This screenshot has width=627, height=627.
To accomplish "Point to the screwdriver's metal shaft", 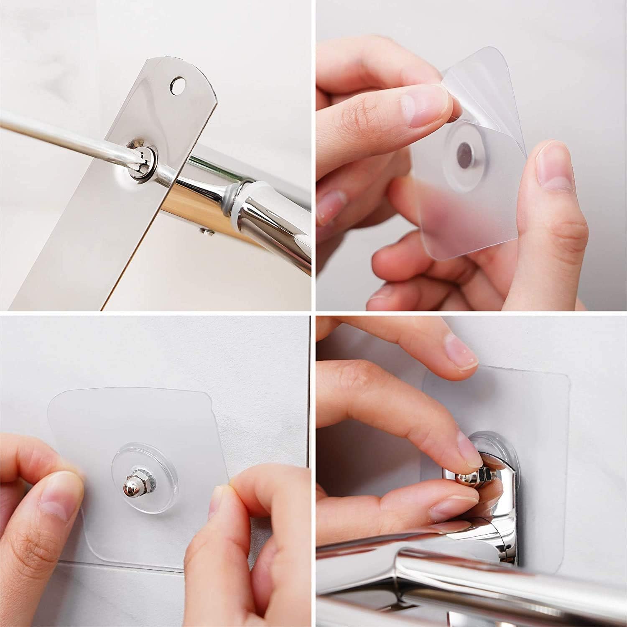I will (x=63, y=134).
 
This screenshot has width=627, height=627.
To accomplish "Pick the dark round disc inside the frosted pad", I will (x=465, y=150).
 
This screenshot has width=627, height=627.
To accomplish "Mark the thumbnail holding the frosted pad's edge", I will (x=549, y=167).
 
